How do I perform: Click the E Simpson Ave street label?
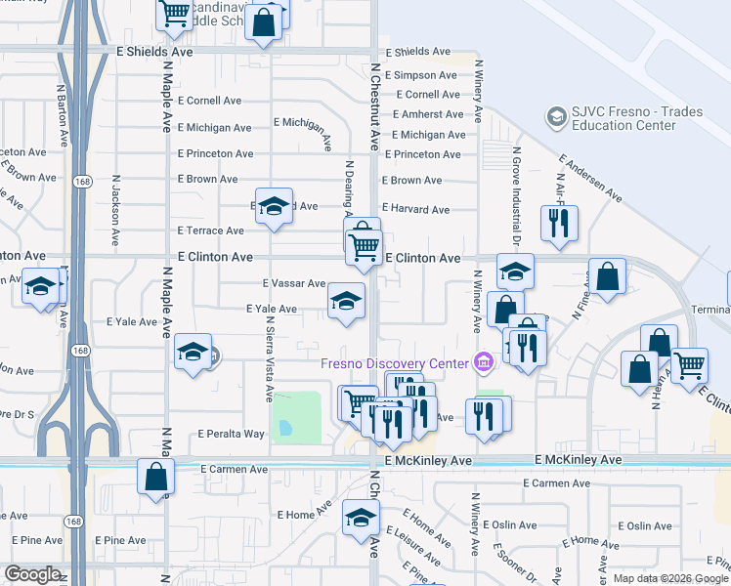pos(420,75)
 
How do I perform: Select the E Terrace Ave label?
pos(210,230)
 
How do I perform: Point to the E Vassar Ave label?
pos(293,283)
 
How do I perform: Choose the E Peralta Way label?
pos(231,434)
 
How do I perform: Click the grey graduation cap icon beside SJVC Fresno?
pos(556,117)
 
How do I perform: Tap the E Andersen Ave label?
pos(590,179)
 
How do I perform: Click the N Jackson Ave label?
pos(115,210)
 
